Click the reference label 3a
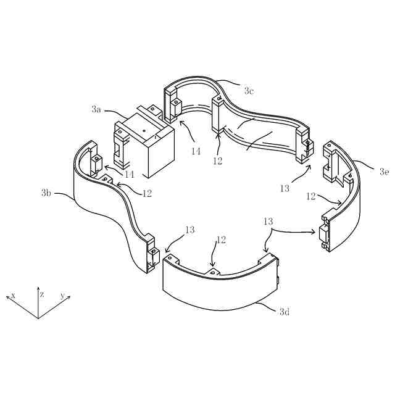click(96, 109)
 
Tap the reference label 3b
click(46, 193)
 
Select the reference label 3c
click(249, 91)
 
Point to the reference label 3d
click(285, 312)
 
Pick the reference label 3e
click(385, 172)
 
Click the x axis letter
click(12, 295)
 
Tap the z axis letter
click(42, 294)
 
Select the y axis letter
click(62, 295)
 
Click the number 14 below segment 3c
click(196, 151)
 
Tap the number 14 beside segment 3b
click(129, 174)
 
